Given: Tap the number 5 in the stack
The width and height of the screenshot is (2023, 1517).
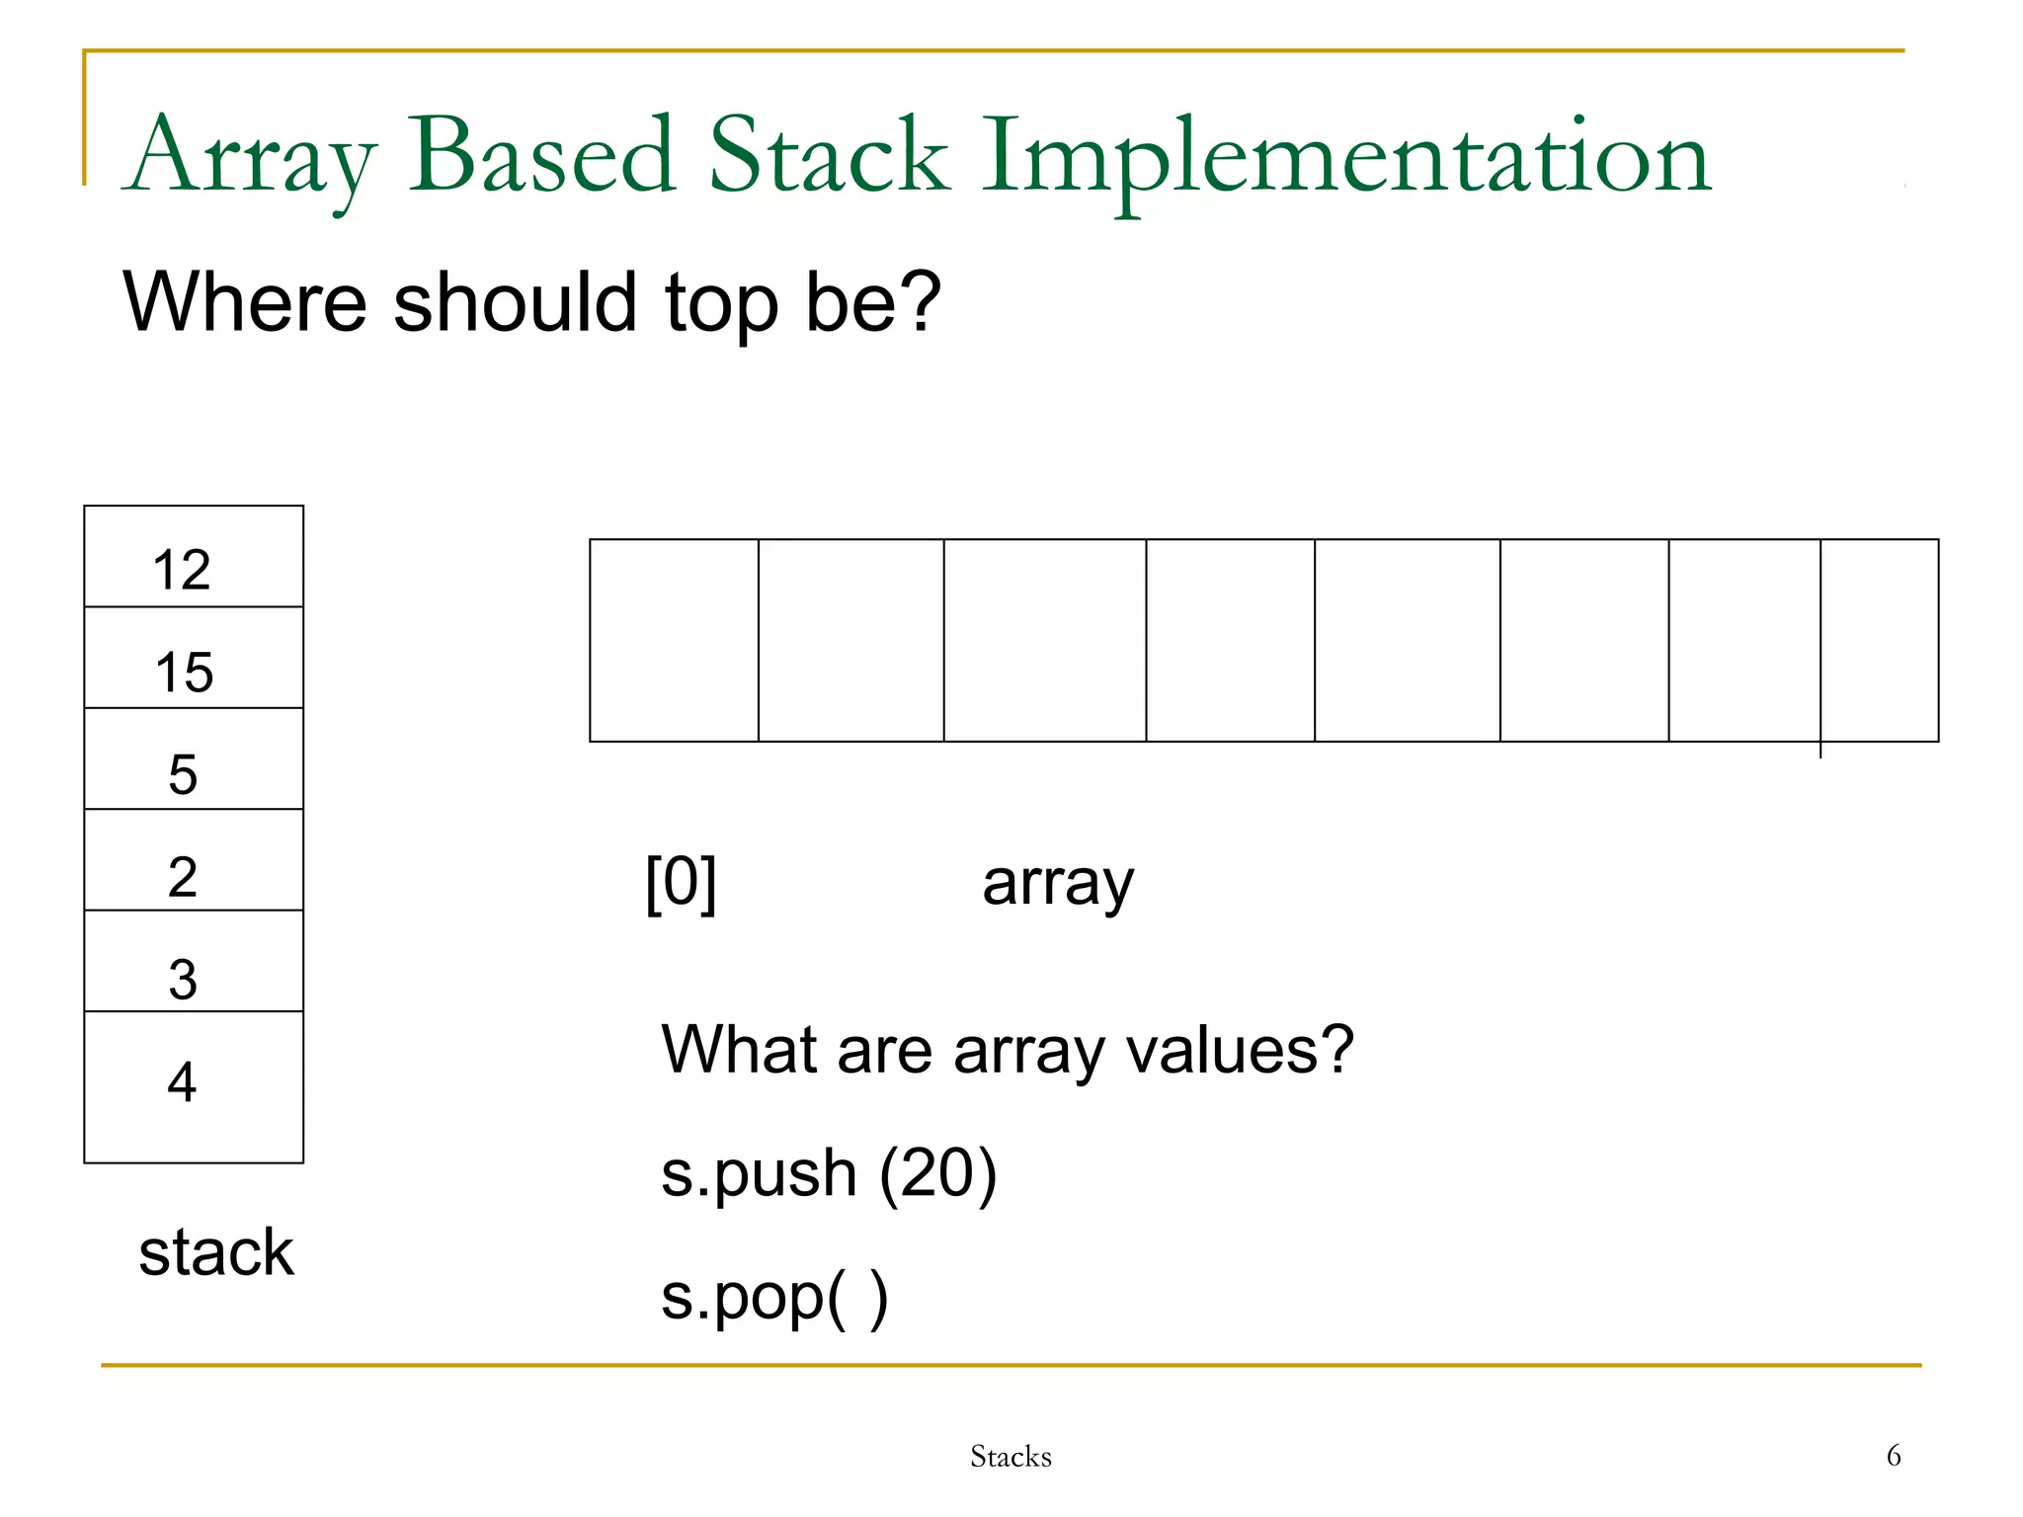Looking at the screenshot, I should coord(183,773).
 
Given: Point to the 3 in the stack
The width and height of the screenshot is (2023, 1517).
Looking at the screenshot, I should coord(183,979).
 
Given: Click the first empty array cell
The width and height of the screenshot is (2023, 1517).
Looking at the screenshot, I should coord(674,640).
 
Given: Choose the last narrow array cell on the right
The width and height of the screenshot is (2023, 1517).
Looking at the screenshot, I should coord(1879,640).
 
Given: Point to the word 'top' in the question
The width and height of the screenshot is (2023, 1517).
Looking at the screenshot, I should coord(721,304).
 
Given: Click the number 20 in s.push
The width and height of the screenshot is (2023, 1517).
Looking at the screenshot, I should coord(937,1172).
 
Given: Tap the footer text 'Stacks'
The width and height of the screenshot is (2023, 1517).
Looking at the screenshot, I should coord(1011,1456).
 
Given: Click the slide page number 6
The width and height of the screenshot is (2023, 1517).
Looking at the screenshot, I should coord(1893,1455).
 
